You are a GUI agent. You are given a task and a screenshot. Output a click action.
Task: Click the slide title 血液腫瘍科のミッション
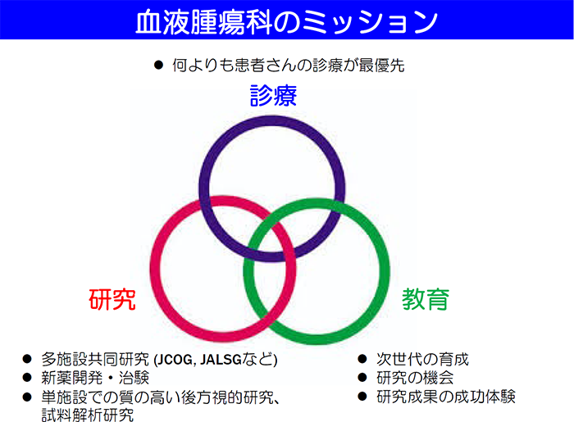point(287,21)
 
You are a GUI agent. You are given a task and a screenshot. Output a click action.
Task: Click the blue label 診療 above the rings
point(273,96)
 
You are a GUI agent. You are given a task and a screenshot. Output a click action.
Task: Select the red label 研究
point(112,299)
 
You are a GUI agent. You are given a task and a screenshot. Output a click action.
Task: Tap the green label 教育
point(426,299)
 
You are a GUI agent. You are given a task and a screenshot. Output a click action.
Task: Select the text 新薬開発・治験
point(95,378)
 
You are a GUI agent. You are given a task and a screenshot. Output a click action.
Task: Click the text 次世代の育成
point(422,359)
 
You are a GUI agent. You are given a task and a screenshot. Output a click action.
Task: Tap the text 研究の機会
point(415,378)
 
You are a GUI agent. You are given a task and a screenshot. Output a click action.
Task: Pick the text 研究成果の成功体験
point(446,397)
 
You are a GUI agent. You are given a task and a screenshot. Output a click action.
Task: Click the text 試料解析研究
point(88,415)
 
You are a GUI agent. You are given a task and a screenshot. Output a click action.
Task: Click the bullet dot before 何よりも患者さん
point(158,66)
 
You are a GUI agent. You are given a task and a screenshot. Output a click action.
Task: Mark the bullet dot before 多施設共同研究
point(27,359)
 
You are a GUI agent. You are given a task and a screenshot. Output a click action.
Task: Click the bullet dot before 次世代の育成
point(362,359)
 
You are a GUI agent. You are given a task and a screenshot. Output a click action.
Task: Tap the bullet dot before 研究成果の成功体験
point(362,397)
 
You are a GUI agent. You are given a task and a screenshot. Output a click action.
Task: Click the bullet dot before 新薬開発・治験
point(27,378)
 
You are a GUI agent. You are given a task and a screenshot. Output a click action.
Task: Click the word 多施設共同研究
point(95,359)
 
